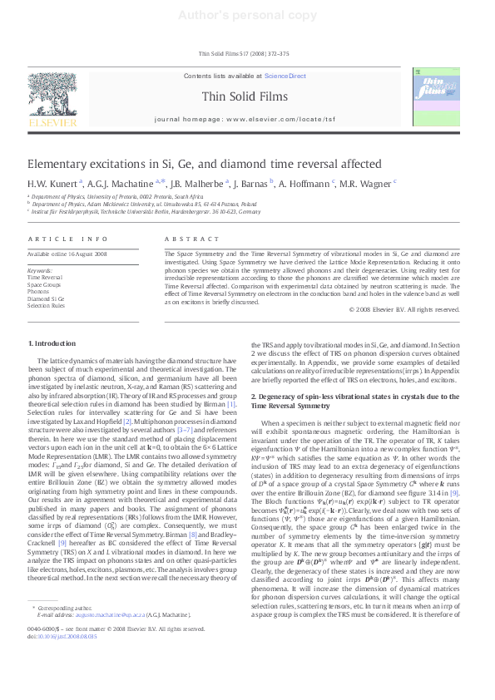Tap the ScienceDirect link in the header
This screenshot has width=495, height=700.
(285, 76)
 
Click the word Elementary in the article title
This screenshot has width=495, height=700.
(57, 165)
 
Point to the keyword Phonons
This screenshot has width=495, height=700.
(38, 292)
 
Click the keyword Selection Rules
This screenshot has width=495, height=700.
(46, 305)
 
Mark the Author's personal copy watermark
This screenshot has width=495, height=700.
(247, 15)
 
